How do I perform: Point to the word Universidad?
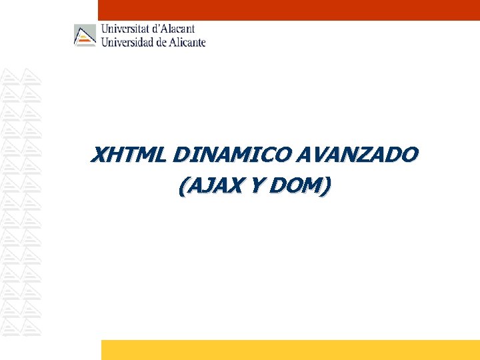[x=127, y=41]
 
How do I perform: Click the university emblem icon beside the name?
[x=85, y=35]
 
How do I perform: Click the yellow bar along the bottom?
[x=290, y=350]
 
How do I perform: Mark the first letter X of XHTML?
[x=99, y=155]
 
